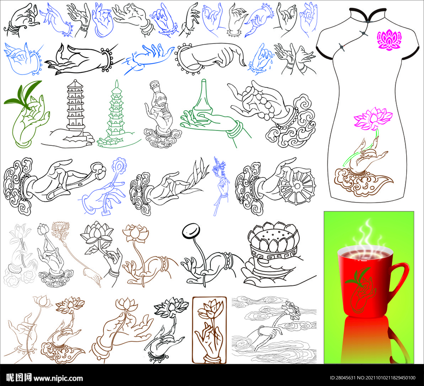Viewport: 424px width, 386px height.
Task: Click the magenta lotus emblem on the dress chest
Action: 389,40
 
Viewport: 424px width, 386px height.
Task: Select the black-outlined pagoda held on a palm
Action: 75,106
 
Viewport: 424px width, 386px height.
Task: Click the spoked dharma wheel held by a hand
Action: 296,186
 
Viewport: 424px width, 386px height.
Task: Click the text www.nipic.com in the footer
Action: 58,378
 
